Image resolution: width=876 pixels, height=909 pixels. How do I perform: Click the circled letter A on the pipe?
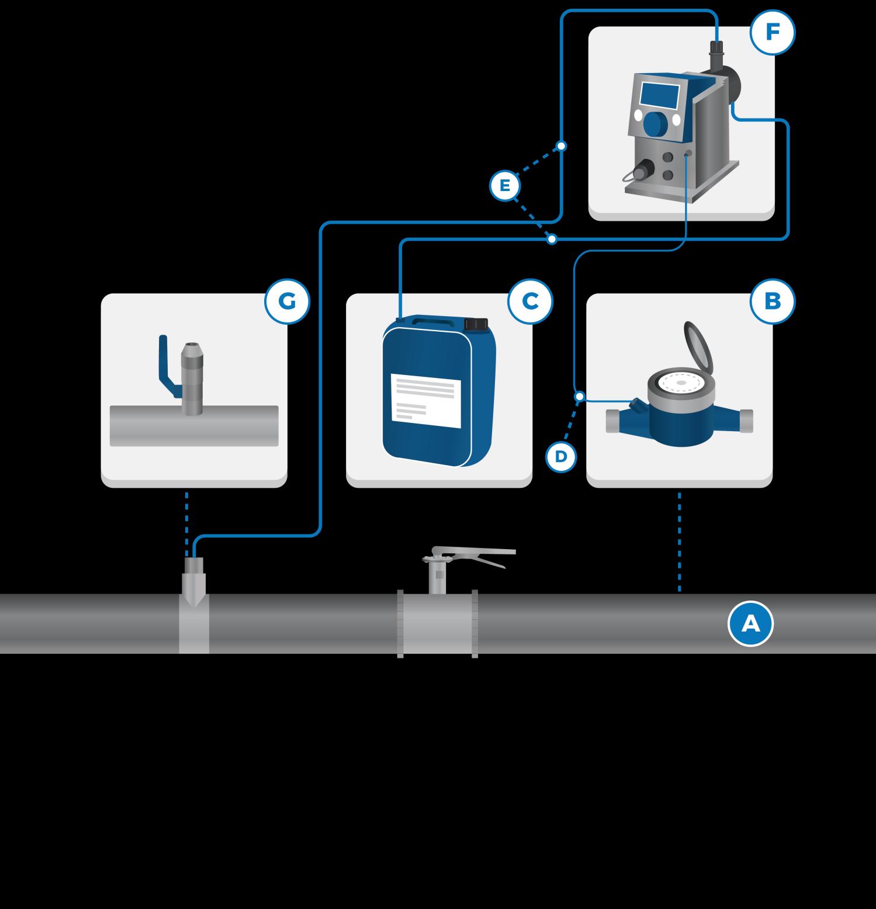pos(750,624)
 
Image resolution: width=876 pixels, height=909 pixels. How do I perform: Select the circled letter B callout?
pos(773,301)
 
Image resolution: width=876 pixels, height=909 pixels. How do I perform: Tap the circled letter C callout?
pos(530,301)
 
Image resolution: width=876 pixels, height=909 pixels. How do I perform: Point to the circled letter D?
pos(561,456)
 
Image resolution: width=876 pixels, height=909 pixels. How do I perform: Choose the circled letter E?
pos(504,186)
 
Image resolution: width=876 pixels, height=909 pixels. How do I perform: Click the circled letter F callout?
pos(773,32)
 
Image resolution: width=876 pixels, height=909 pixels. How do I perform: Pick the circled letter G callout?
pos(287,301)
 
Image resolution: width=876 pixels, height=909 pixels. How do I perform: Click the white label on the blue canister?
pos(425,400)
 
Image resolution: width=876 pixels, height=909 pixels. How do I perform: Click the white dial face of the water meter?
pos(681,383)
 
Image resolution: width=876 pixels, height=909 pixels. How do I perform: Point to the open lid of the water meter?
pos(698,348)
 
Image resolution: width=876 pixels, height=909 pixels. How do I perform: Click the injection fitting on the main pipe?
pos(194,606)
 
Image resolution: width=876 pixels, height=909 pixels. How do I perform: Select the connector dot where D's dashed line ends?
pos(579,397)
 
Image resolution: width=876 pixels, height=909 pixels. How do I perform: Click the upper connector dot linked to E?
pos(561,145)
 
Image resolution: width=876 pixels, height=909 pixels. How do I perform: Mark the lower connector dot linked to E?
pos(552,240)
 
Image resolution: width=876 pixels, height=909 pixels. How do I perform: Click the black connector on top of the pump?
pos(716,54)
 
